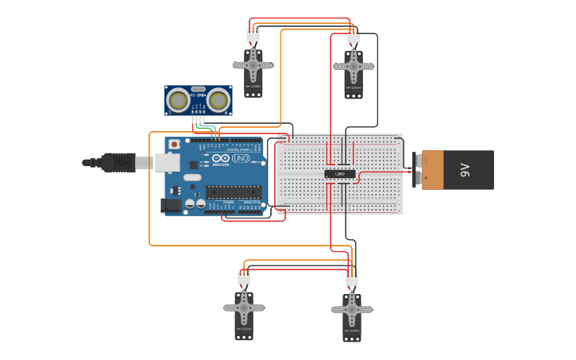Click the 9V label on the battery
466,170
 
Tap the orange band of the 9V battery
433,170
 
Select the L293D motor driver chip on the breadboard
340,173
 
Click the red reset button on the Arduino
174,145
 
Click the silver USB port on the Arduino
166,163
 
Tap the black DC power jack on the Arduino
170,205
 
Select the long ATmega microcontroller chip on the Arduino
233,191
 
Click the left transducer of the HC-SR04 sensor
179,100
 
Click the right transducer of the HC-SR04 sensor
218,100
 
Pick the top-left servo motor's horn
253,64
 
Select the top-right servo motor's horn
354,67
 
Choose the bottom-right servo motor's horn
352,309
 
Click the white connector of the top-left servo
253,35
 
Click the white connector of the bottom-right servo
352,279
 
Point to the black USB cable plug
118,163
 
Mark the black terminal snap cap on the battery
417,170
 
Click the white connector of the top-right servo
354,37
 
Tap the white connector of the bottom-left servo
244,277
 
